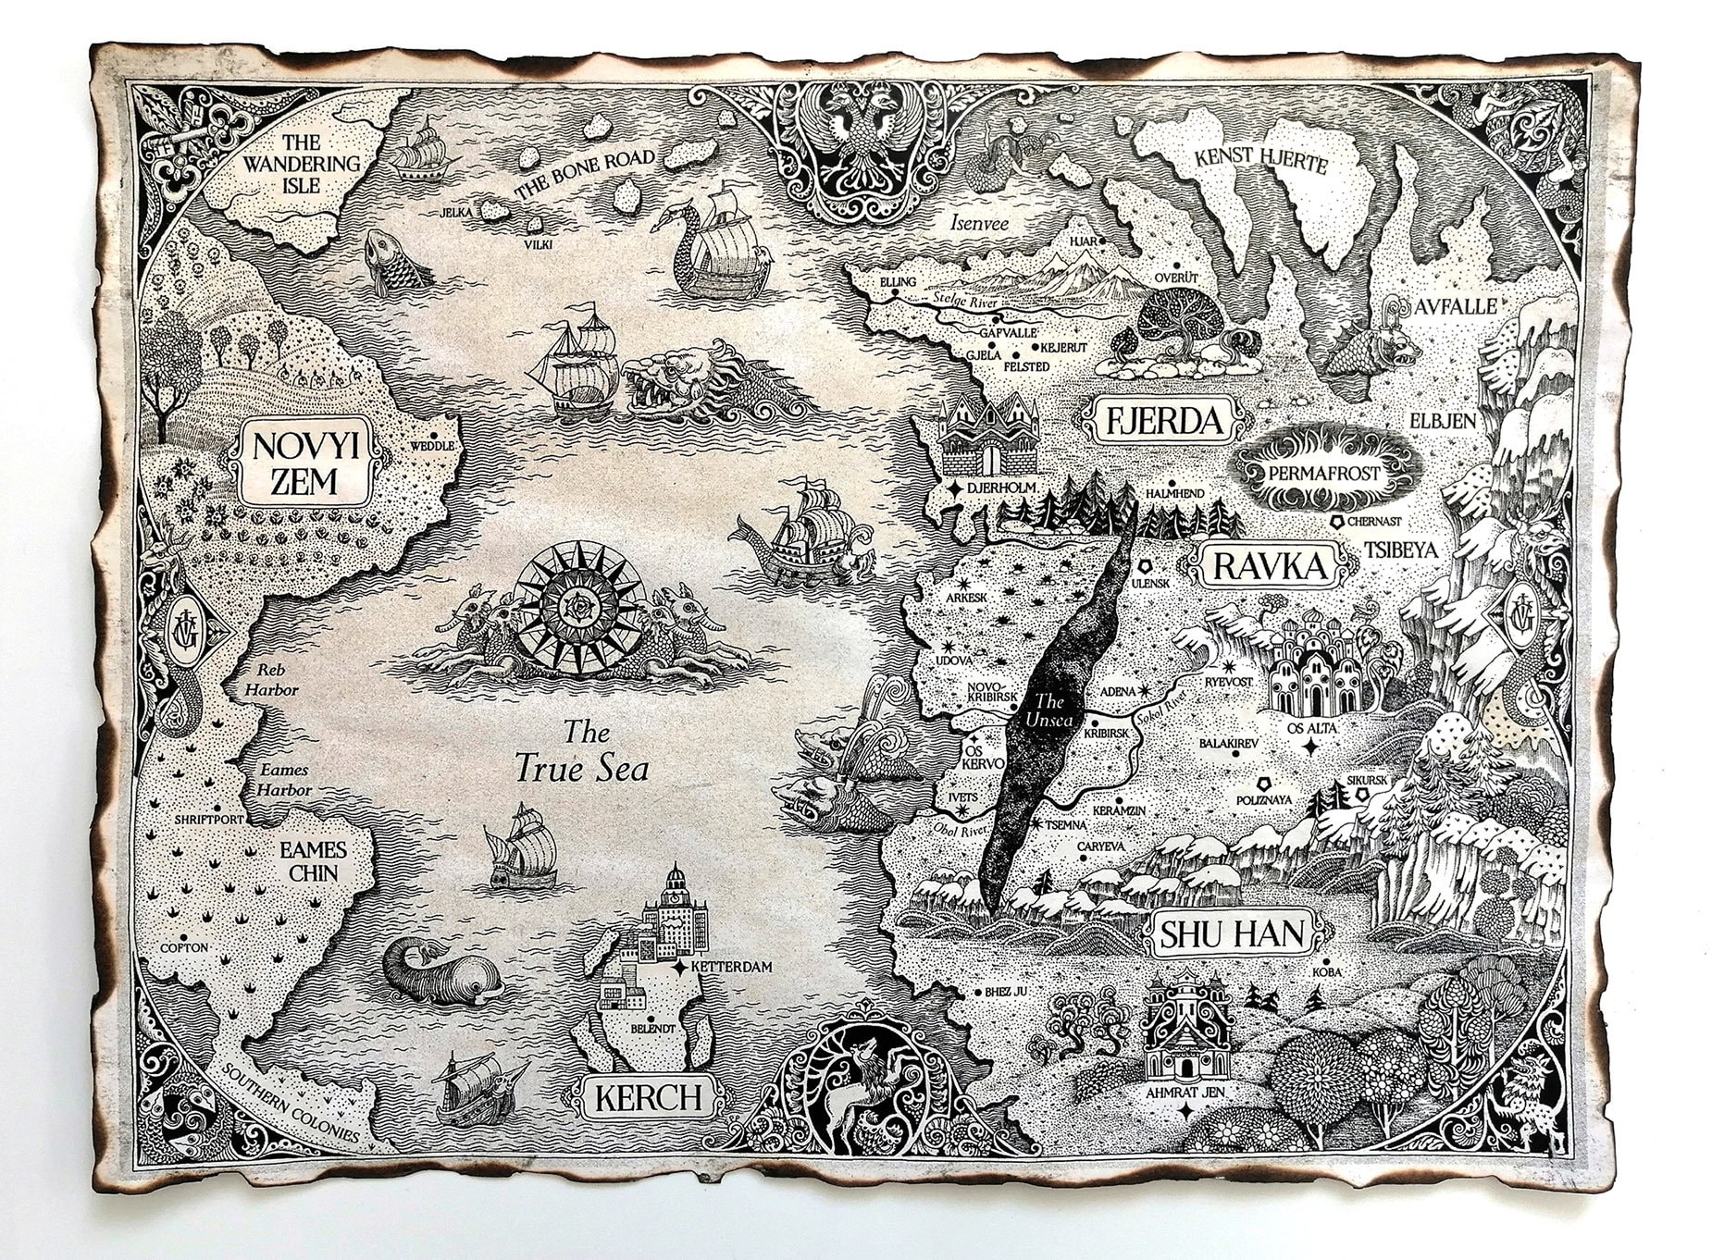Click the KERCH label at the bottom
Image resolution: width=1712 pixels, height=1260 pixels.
pyautogui.click(x=649, y=1098)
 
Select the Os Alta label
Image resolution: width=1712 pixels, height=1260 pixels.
pyautogui.click(x=1309, y=729)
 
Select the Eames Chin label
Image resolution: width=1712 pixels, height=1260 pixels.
pyautogui.click(x=313, y=860)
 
